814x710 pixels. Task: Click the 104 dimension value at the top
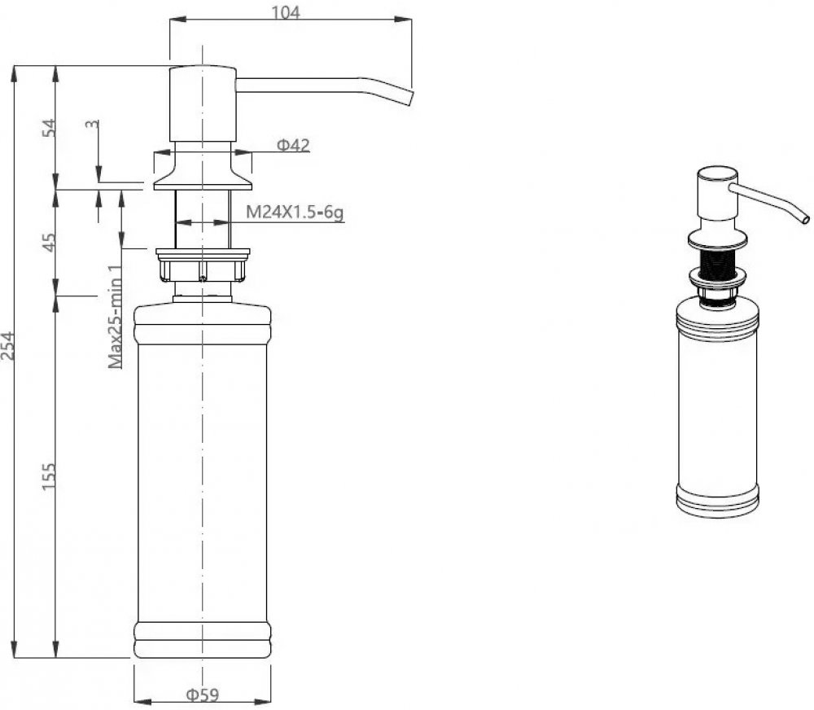click(x=286, y=11)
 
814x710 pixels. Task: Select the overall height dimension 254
click(x=8, y=346)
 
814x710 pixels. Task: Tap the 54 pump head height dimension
click(x=48, y=128)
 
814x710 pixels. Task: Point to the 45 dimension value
click(x=48, y=242)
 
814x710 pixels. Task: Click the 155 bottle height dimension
click(x=48, y=476)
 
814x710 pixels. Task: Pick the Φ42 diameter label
click(x=293, y=145)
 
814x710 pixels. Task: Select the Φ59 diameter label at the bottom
click(x=203, y=695)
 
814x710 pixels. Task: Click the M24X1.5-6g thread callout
click(x=295, y=212)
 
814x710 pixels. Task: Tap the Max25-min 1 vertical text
click(x=116, y=316)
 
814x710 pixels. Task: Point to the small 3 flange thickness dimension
click(x=93, y=125)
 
